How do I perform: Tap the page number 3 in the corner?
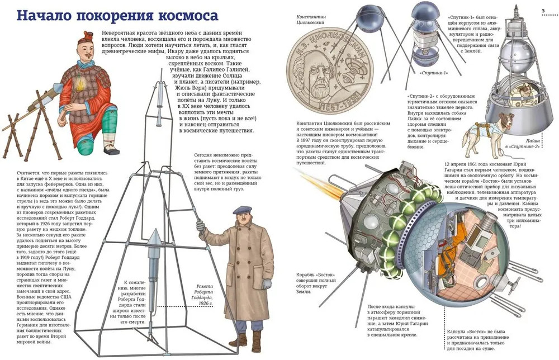543,11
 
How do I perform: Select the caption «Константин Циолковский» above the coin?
310,19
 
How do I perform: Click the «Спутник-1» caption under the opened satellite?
434,73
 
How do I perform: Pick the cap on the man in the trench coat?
243,210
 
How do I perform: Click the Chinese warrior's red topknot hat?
87,36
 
